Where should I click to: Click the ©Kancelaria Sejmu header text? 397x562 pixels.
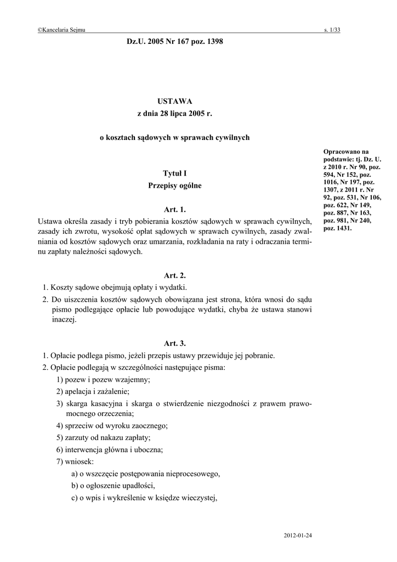pyautogui.click(x=61, y=31)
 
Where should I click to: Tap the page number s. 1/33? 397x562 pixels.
pyautogui.click(x=332, y=31)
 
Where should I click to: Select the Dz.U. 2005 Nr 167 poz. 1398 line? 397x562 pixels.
pyautogui.click(x=174, y=42)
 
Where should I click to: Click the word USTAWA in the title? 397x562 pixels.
pyautogui.click(x=174, y=101)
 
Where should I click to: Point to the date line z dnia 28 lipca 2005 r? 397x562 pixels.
pyautogui.click(x=174, y=114)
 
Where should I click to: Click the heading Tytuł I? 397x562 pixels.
pyautogui.click(x=175, y=173)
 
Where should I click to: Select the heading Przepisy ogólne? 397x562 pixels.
pyautogui.click(x=175, y=186)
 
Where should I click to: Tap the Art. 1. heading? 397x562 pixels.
pyautogui.click(x=175, y=210)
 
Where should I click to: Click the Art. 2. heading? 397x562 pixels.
pyautogui.click(x=175, y=276)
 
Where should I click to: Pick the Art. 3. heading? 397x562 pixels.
pyautogui.click(x=175, y=344)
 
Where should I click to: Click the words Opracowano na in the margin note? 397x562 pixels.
pyautogui.click(x=346, y=151)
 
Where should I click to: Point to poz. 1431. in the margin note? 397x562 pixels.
pyautogui.click(x=338, y=228)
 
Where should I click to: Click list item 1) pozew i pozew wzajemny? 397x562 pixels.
pyautogui.click(x=103, y=380)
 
